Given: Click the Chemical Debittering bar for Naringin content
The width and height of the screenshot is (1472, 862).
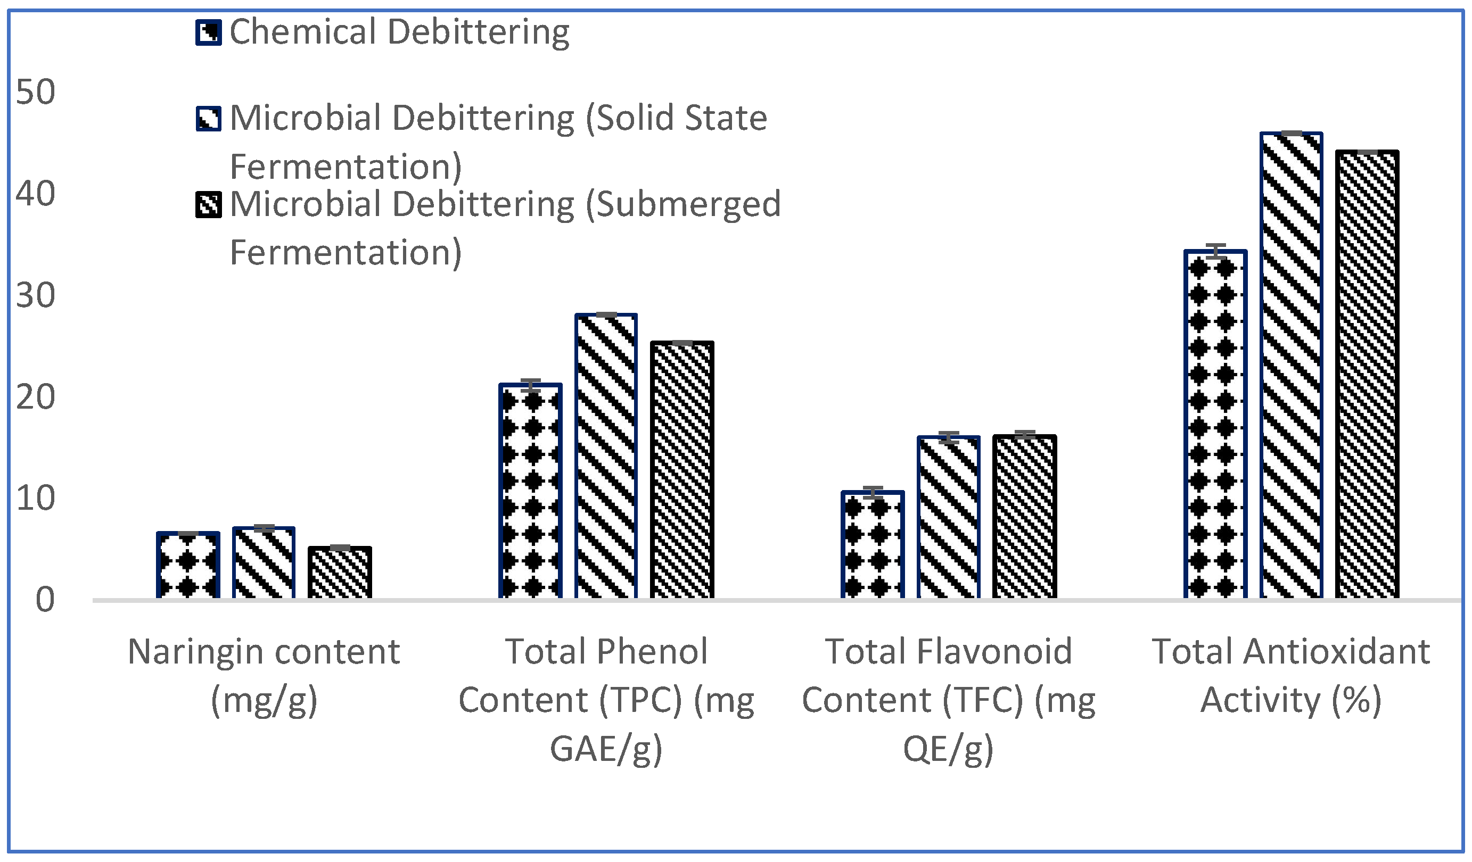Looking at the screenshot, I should [x=188, y=565].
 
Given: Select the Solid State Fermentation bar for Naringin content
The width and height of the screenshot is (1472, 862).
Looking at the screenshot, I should [x=264, y=562].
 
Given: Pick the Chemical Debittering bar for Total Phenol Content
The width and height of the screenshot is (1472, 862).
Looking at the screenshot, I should [x=530, y=491].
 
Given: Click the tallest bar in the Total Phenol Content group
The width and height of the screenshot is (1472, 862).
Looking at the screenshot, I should [x=606, y=455].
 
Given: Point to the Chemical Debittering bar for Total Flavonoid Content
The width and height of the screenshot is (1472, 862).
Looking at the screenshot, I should [x=873, y=544].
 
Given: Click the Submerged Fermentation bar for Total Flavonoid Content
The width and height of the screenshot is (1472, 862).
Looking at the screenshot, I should [x=1025, y=516].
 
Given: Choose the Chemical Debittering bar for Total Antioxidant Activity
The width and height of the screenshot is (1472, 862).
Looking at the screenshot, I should [x=1215, y=424].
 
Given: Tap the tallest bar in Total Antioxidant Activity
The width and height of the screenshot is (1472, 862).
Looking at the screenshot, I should [x=1291, y=365].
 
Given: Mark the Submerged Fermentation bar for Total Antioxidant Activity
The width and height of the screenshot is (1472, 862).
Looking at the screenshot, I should [x=1367, y=374].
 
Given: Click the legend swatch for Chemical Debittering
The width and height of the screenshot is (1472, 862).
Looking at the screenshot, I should [x=209, y=32].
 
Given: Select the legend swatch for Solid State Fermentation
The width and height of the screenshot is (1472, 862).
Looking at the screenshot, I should [x=209, y=119].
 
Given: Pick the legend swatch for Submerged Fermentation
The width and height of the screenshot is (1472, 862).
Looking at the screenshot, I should [x=209, y=205].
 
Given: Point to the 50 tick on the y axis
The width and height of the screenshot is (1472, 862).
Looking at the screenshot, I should [x=35, y=92].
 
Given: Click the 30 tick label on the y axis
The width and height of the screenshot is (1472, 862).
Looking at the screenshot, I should [x=35, y=295].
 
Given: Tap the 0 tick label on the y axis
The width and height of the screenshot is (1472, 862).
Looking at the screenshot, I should [x=45, y=600].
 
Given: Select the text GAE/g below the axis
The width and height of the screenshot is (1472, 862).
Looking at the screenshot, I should [x=606, y=749].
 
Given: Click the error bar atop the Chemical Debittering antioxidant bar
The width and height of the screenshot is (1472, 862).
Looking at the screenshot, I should [x=1215, y=251].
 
